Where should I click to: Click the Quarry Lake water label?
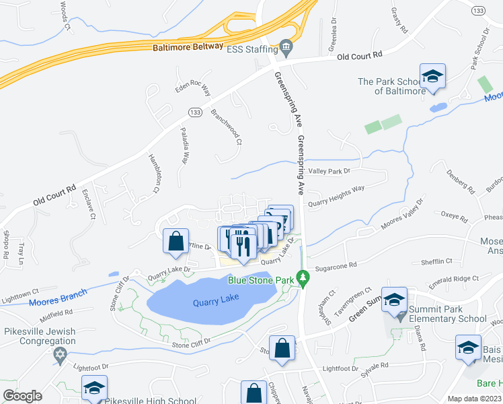click(216, 302)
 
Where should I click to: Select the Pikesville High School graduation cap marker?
click(95, 389)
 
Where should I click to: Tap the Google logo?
click(23, 395)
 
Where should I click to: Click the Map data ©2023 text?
click(474, 399)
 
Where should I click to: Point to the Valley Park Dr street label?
click(330, 172)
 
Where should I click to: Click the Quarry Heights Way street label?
click(336, 189)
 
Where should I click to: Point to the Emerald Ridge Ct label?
click(456, 278)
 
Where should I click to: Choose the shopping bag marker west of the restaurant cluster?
click(176, 241)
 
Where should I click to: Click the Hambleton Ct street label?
click(153, 173)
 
